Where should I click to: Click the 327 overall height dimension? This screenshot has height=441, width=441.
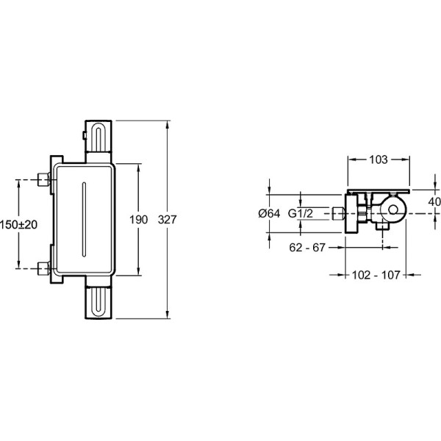(167, 220)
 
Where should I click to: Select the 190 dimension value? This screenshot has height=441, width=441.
(138, 220)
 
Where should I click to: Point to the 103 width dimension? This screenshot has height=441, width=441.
(379, 159)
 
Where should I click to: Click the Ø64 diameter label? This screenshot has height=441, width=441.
(269, 213)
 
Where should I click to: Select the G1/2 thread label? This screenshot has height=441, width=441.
(301, 213)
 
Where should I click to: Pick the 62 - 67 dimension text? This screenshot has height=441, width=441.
(307, 248)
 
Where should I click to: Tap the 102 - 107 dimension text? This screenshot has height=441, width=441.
(376, 275)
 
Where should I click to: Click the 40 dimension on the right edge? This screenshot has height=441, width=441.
(435, 201)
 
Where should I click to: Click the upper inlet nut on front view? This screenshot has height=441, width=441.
(43, 179)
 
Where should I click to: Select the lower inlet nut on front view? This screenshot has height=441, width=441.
(43, 268)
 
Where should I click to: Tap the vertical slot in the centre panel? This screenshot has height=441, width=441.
(84, 219)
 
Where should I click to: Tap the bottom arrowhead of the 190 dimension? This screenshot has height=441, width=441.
(138, 270)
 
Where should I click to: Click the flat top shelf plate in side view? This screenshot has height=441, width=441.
(379, 191)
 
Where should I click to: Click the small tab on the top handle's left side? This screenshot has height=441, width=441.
(84, 135)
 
